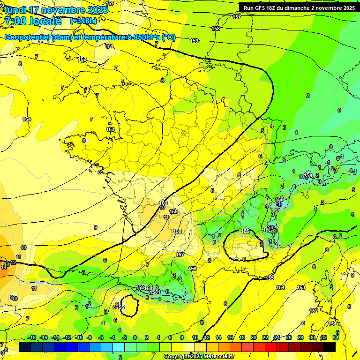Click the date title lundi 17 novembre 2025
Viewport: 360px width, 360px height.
coord(55,10)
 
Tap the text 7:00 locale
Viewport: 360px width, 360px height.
coord(33,21)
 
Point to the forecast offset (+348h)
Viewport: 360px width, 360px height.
coord(83,21)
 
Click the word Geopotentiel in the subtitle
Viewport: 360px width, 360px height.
coord(28,37)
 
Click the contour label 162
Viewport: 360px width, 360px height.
coord(82,60)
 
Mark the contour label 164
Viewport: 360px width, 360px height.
coord(27,120)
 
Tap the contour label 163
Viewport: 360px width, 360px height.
coord(110,129)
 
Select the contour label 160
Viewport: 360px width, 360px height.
coord(163,203)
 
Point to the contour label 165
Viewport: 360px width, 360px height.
coord(245,232)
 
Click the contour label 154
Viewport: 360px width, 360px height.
coord(280,287)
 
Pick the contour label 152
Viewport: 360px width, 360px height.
coord(314,311)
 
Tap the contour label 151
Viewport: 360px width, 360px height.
coord(332,324)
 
